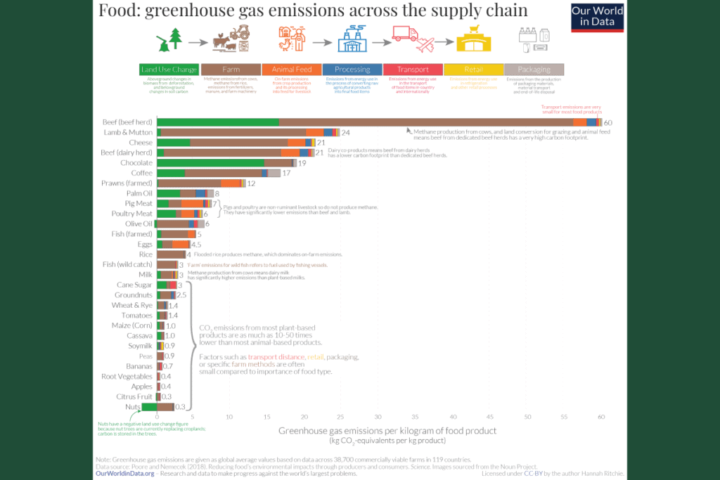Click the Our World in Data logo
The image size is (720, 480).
pyautogui.click(x=597, y=17)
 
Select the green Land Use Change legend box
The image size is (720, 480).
pyautogui.click(x=169, y=70)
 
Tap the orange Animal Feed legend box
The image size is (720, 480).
pyautogui.click(x=291, y=70)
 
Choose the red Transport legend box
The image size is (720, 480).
pyautogui.click(x=413, y=70)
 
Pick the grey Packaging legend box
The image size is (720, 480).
pyautogui.click(x=534, y=70)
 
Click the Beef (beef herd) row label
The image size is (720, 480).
pyautogui.click(x=127, y=122)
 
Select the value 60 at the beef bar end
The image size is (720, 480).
pyautogui.click(x=608, y=122)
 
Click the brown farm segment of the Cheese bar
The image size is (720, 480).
pyautogui.click(x=239, y=143)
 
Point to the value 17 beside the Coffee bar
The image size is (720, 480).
pyautogui.click(x=286, y=173)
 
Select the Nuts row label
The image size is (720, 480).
pyautogui.click(x=133, y=407)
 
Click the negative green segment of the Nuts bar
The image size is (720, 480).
pyautogui.click(x=149, y=407)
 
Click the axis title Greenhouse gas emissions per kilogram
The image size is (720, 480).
pyautogui.click(x=387, y=430)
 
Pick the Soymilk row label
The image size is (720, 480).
pyautogui.click(x=139, y=346)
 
